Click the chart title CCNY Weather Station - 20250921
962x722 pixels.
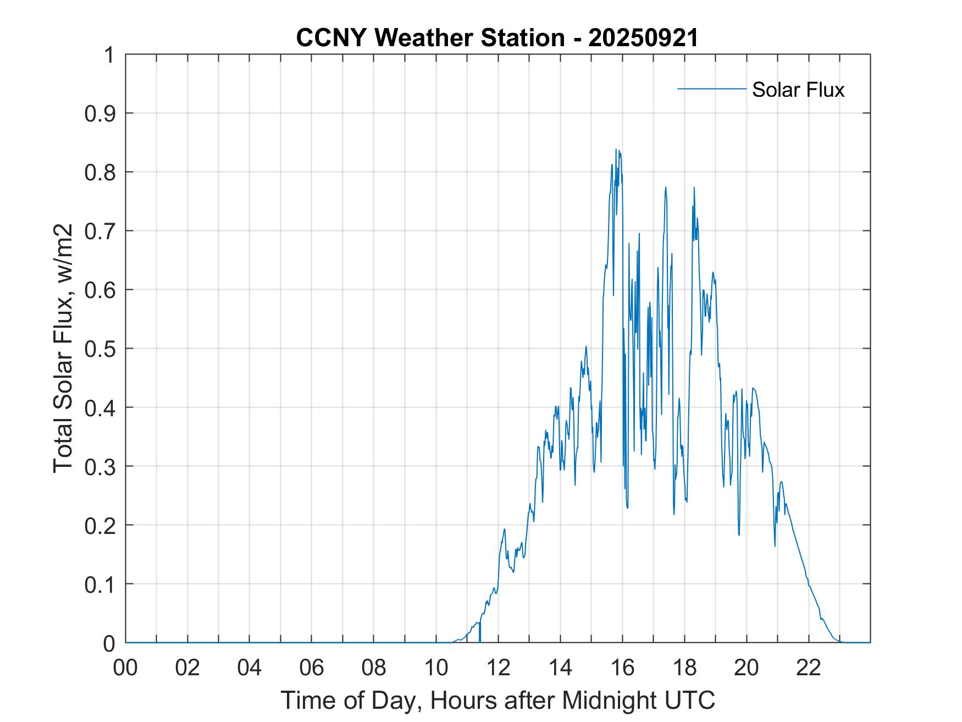point(497,38)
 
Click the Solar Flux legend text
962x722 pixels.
point(798,90)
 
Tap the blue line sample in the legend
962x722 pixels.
point(711,89)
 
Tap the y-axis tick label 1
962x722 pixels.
point(110,55)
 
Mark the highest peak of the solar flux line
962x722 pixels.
point(616,150)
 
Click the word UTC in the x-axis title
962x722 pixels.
point(690,700)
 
